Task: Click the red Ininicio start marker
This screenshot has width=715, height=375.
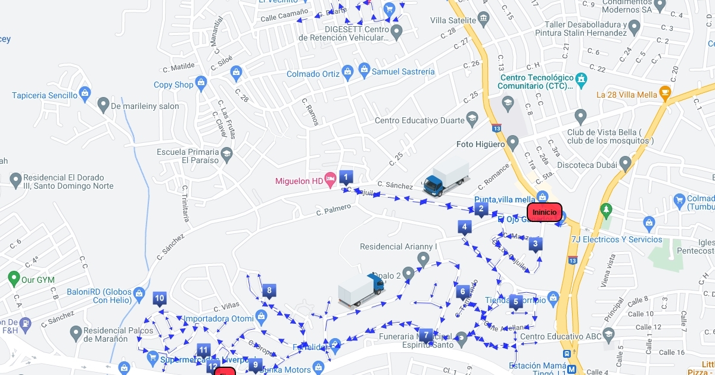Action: [x=545, y=212]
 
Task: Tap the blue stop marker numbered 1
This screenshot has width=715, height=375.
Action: [x=346, y=177]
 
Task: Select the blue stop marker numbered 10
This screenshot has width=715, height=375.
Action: [x=160, y=299]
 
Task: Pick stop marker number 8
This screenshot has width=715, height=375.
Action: [x=269, y=291]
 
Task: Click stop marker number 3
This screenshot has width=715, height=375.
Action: [x=536, y=243]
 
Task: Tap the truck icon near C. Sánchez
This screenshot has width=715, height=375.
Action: [x=446, y=179]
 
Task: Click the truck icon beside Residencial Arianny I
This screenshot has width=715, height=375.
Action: [x=361, y=290]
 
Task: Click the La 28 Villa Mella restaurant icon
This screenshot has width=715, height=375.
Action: [x=665, y=94]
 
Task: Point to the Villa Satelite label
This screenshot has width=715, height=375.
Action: [x=453, y=20]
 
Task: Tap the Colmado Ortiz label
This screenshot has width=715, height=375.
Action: [x=313, y=74]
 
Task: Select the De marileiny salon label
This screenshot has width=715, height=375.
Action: [x=145, y=106]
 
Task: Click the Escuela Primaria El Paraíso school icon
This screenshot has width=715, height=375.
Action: [x=226, y=155]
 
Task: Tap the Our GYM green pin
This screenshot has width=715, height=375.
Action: [x=14, y=279]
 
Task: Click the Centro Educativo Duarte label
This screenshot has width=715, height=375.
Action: [x=419, y=120]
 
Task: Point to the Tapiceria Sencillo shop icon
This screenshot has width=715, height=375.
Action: [x=85, y=93]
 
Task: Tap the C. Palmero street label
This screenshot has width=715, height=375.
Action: [x=333, y=210]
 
